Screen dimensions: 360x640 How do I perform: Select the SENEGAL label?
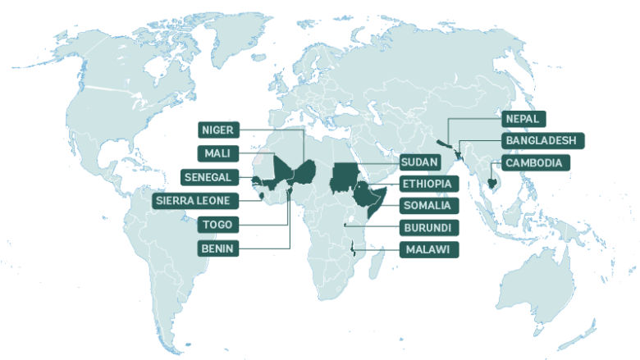209,176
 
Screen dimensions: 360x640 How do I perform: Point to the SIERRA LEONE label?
197,200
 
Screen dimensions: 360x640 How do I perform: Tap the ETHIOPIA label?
428,184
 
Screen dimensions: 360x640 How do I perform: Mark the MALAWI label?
425,248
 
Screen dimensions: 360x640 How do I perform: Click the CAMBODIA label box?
535,163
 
